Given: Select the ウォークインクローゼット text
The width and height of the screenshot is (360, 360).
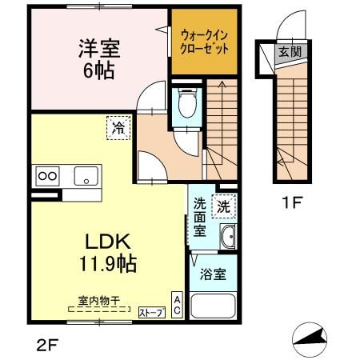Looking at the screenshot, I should pos(204,42).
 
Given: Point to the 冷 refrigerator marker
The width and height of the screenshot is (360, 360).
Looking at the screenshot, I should pos(118,127).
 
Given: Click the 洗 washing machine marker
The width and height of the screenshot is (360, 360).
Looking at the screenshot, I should pos(226,205).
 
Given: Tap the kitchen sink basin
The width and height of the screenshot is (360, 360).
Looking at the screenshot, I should pos(85,176).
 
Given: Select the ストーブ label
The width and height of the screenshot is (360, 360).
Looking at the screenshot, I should pos(151,312).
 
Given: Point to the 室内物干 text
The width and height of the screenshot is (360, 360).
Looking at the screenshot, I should pos(98,301).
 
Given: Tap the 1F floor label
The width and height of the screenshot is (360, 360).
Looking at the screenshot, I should pos(290,202).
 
